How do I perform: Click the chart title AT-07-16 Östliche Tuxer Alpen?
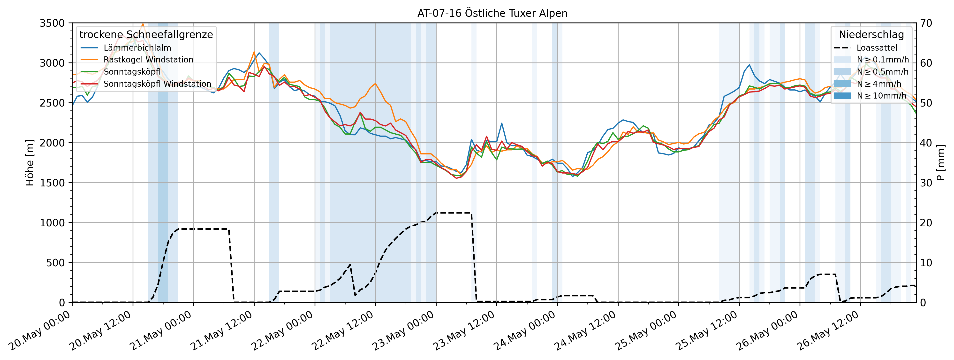(492, 13)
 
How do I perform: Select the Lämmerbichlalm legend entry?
(137, 48)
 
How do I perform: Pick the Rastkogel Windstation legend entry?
(148, 60)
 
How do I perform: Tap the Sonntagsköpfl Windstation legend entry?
(157, 84)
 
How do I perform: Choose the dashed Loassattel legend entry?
(877, 48)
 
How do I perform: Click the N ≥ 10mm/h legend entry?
(881, 96)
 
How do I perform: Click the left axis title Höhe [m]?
(30, 163)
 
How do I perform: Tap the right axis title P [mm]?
(941, 163)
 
